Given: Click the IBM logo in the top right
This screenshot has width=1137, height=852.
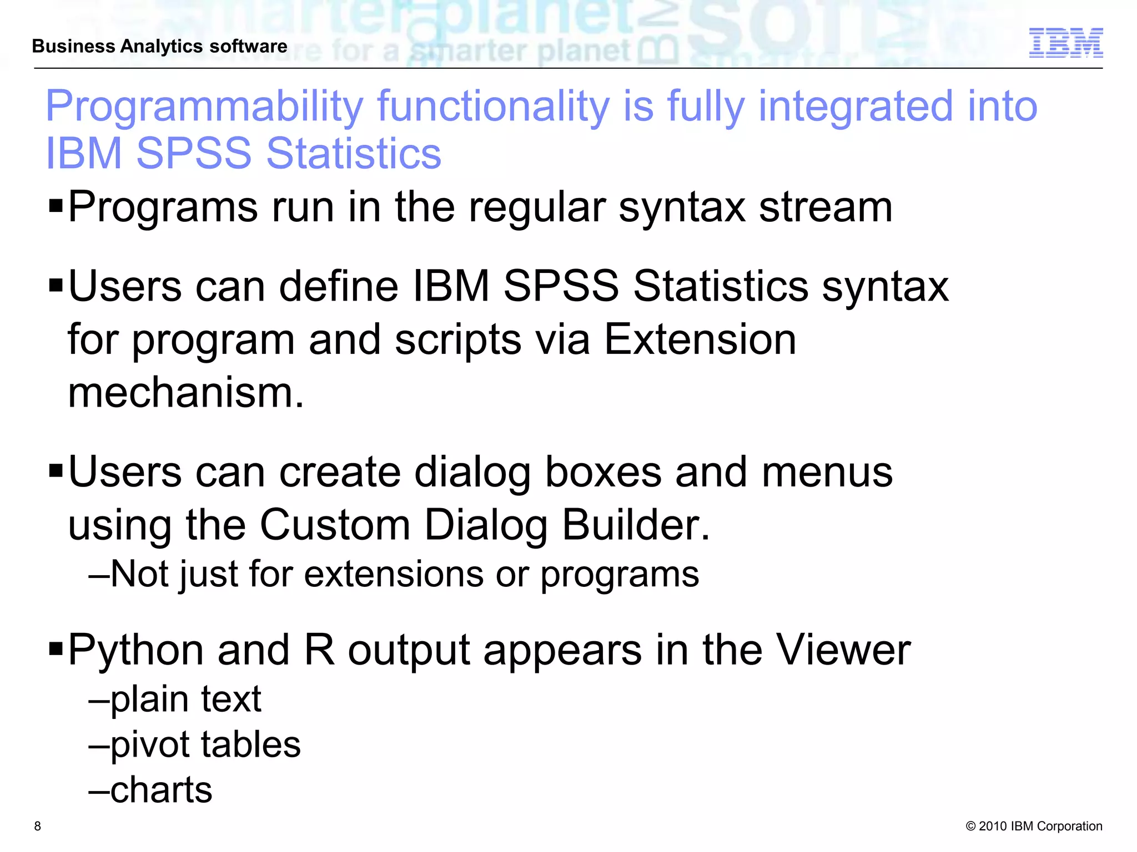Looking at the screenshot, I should [1065, 43].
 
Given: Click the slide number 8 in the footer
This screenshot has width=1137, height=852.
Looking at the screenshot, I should [38, 826].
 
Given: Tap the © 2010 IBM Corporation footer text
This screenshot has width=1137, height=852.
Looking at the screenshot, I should [1034, 826].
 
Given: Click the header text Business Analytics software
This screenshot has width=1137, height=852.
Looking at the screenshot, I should [160, 46].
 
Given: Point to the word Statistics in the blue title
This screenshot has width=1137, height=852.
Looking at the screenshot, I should [354, 154].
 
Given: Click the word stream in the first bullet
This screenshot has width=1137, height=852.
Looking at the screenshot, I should [826, 207].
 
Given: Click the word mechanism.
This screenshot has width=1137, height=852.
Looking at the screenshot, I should [186, 392].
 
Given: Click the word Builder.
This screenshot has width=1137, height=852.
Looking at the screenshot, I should [636, 525].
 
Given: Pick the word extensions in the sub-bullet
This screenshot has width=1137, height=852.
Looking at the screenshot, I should [394, 574].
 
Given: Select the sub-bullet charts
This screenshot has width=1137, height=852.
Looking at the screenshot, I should [161, 790].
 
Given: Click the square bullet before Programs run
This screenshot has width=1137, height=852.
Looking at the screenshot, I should [56, 206].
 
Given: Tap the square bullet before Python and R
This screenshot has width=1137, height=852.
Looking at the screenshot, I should [56, 647].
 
